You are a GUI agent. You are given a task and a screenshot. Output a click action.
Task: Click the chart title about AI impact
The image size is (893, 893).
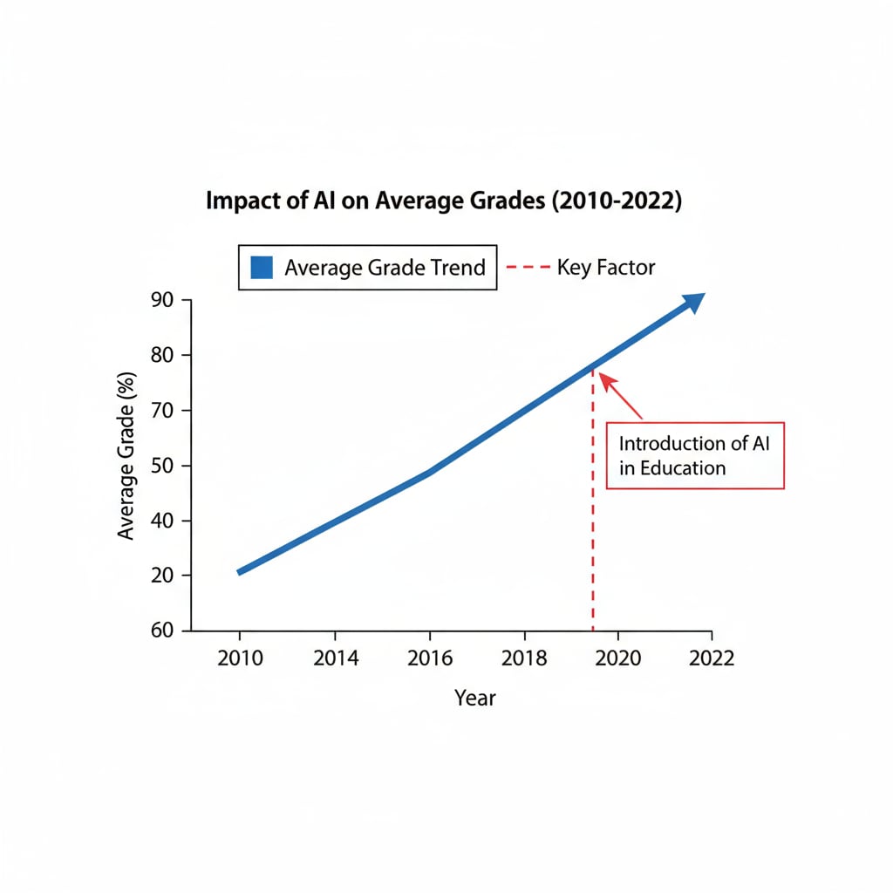[x=444, y=201]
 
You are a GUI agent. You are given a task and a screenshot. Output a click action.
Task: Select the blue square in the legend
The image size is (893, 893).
[x=262, y=267]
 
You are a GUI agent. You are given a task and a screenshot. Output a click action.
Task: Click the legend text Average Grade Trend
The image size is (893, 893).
[x=385, y=267]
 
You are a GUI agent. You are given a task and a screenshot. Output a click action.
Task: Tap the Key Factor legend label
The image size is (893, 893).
[x=605, y=267]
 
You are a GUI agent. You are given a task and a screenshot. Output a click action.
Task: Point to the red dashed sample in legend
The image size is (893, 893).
[x=527, y=267]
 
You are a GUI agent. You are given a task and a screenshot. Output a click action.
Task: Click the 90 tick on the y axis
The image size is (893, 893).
[x=163, y=300]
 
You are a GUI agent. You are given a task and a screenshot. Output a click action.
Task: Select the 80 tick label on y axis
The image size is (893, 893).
[x=163, y=355]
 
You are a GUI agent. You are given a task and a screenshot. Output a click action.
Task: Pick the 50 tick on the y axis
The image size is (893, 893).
[x=163, y=466]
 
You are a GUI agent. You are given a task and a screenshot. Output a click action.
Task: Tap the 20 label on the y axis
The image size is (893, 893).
[x=163, y=576]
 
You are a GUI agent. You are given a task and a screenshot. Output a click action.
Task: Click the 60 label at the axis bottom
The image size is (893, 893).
[x=163, y=631]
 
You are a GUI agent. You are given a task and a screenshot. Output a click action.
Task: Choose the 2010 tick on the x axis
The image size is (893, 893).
[x=240, y=658]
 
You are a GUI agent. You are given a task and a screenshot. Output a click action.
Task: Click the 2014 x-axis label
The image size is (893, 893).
[x=336, y=658]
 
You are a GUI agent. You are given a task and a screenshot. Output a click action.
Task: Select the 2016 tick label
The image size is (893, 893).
[x=430, y=658]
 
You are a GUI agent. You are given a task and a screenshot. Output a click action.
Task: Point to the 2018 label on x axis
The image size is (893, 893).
[x=524, y=658]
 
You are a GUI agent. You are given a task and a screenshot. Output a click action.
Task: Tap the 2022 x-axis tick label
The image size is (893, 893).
[x=712, y=658]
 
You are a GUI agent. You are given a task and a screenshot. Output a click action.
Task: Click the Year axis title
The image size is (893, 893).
[x=475, y=698]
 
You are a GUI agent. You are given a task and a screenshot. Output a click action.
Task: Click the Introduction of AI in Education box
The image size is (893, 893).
[x=695, y=454]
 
